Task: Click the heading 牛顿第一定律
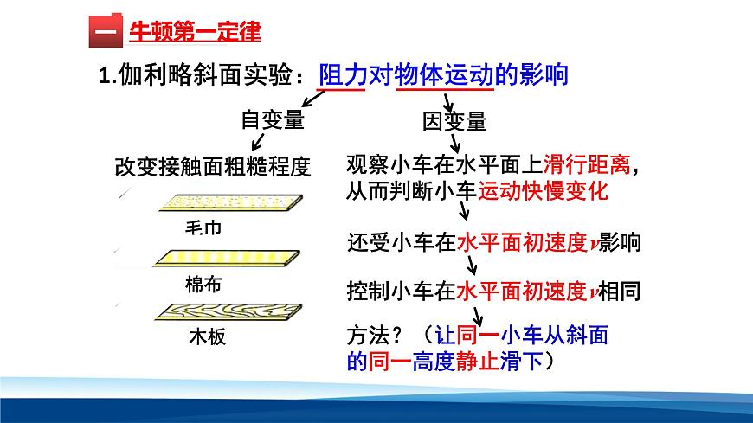tap(194, 33)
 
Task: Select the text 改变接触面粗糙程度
tap(212, 166)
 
